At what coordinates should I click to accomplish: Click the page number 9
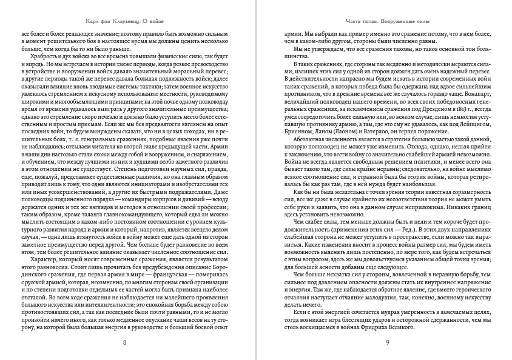386,343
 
